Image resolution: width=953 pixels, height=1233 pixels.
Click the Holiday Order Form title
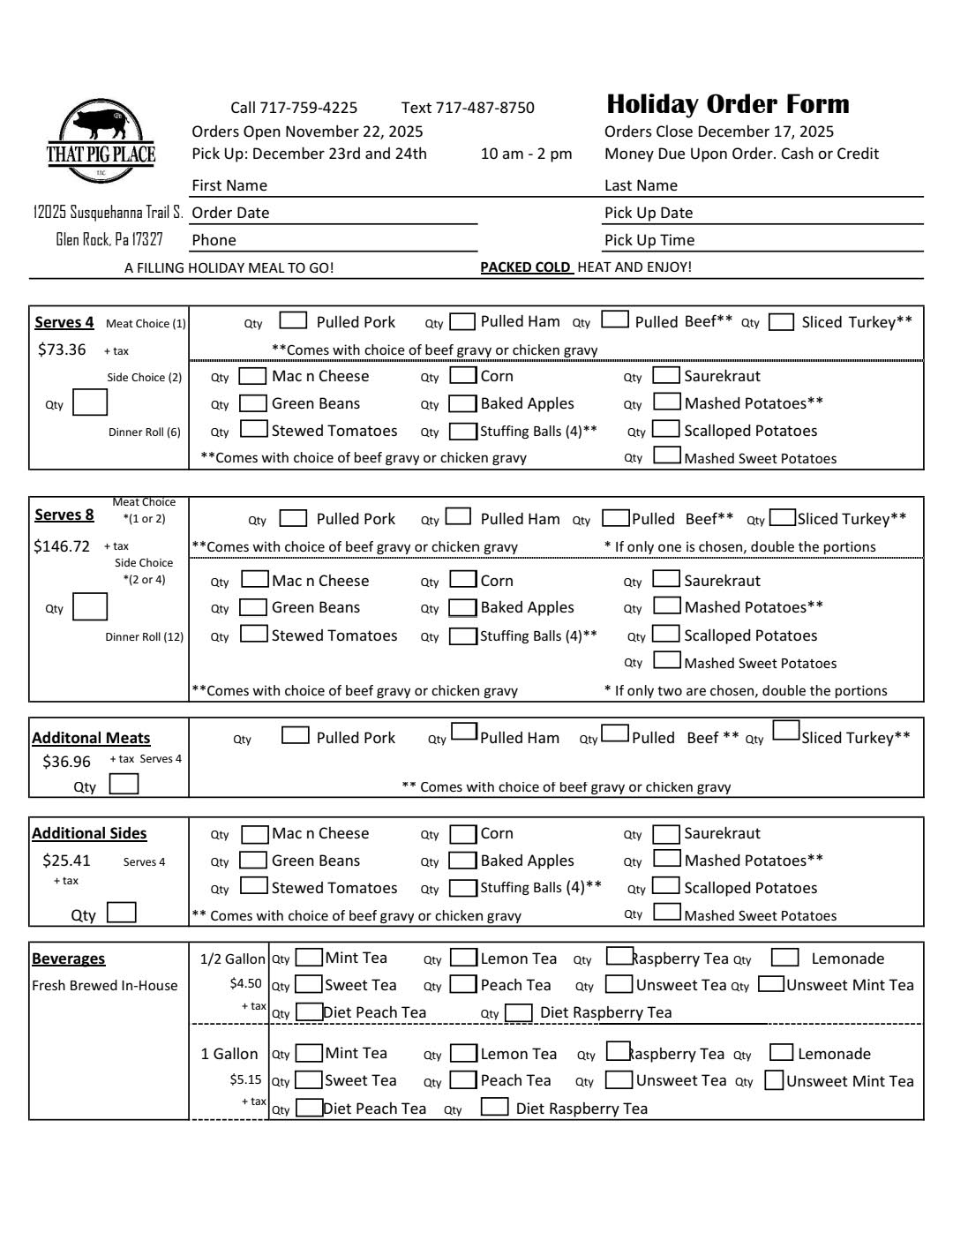tap(727, 104)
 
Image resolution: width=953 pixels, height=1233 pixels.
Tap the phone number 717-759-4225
tap(307, 108)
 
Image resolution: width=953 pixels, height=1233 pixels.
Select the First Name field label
tap(229, 185)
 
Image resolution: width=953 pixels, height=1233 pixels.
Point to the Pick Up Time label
tap(649, 240)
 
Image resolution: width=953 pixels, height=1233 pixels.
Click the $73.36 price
tap(62, 350)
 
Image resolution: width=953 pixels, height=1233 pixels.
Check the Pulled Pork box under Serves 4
tap(293, 321)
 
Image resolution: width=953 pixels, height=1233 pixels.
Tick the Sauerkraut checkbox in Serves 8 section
tap(666, 580)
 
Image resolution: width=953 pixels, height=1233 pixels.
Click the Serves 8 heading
tap(64, 515)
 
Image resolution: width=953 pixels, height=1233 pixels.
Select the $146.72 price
tap(62, 546)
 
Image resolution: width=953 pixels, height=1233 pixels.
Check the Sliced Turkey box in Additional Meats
tap(785, 731)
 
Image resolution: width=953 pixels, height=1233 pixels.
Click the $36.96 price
tap(66, 762)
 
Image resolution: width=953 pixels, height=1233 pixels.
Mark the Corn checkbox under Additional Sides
tap(463, 834)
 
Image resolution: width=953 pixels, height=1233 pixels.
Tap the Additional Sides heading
tap(89, 833)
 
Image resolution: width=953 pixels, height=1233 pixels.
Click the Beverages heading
tap(68, 959)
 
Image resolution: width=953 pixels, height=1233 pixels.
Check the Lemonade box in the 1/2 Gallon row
tap(784, 958)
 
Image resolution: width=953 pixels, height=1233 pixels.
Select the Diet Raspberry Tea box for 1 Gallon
tap(494, 1108)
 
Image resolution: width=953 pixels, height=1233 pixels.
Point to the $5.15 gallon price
tap(245, 1079)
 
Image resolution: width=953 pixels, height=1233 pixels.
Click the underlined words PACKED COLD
tap(525, 267)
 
